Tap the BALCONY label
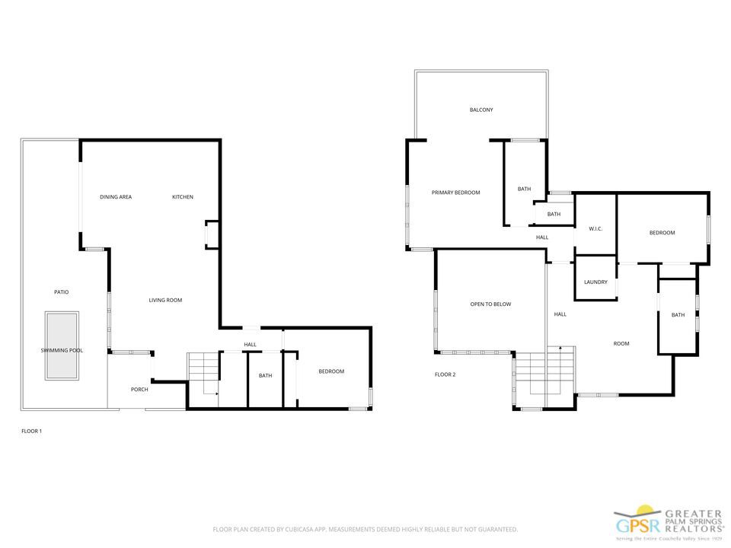[x=481, y=110]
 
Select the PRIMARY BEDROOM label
[x=456, y=193]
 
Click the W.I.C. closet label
[x=595, y=228]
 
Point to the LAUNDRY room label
[x=595, y=282]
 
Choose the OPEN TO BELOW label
[x=490, y=304]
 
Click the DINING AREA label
[x=116, y=197]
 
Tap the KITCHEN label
[x=183, y=197]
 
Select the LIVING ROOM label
[x=165, y=300]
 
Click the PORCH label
[x=139, y=390]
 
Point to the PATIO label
[x=62, y=292]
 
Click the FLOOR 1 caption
[x=31, y=432]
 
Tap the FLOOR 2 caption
[x=445, y=374]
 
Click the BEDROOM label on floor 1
[x=331, y=371]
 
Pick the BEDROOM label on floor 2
[x=662, y=233]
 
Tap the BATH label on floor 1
[x=265, y=375]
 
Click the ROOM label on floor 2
[x=621, y=344]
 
